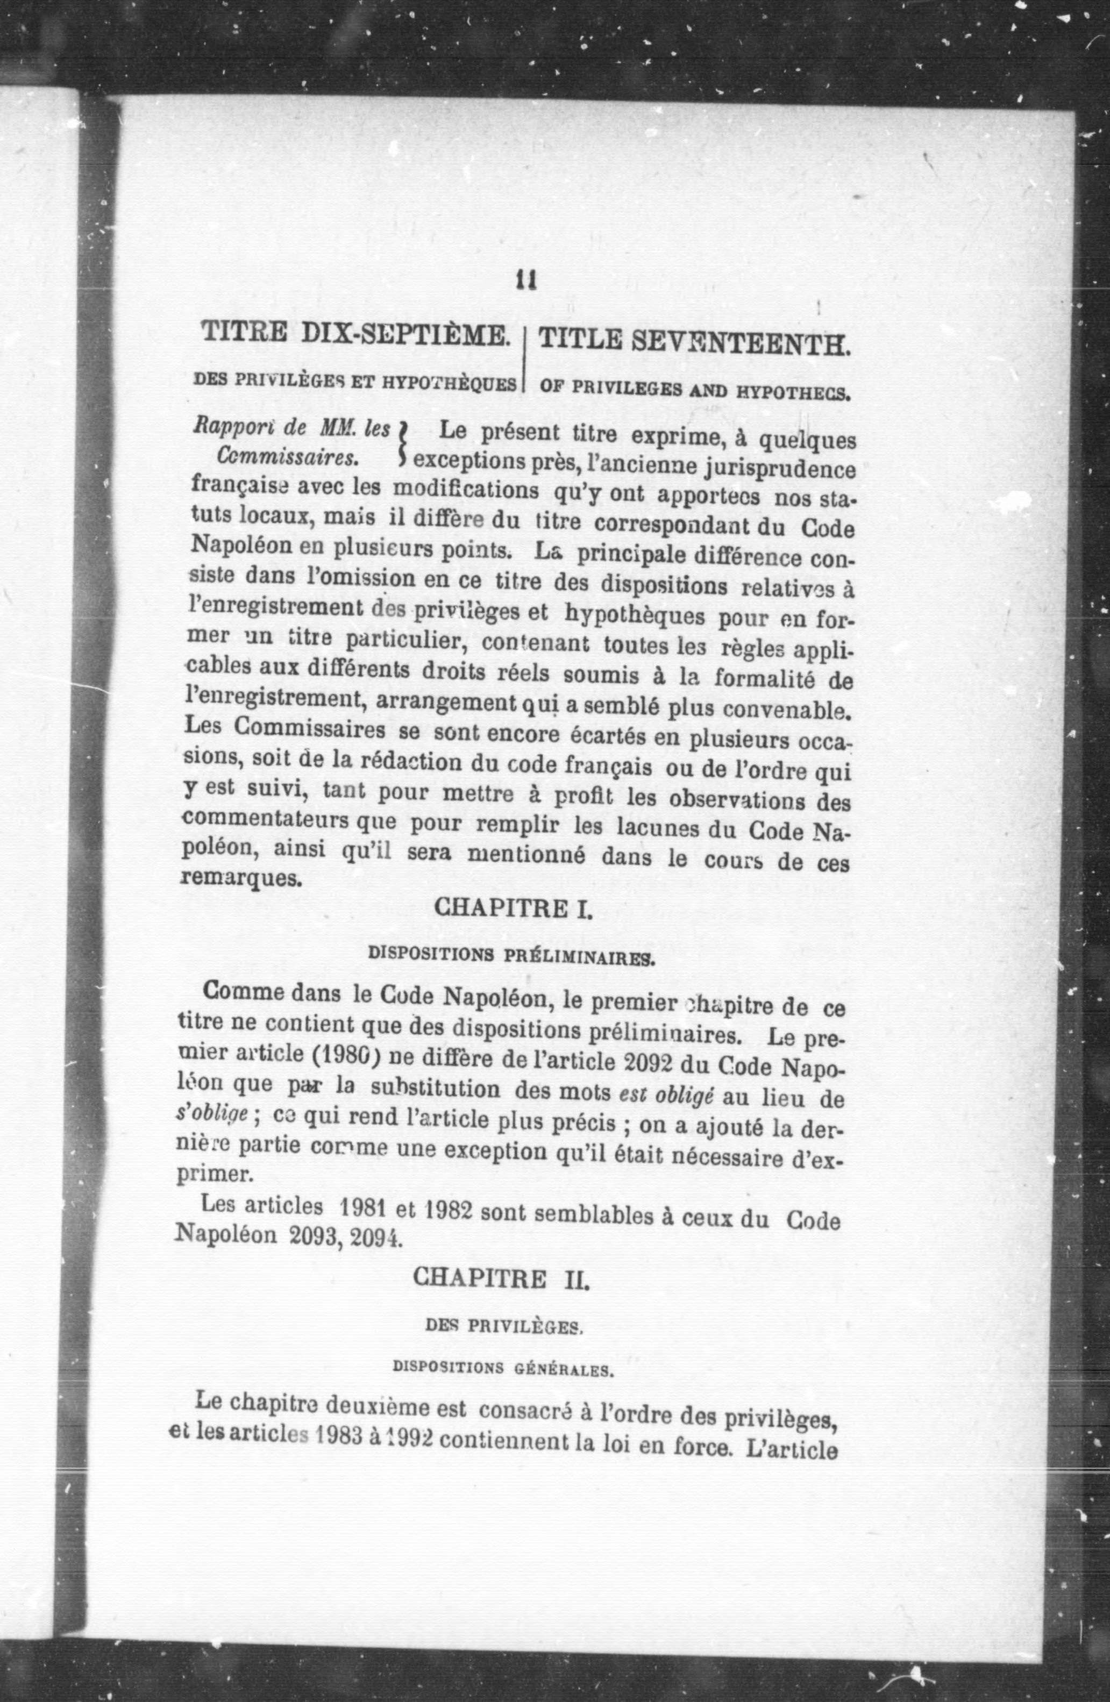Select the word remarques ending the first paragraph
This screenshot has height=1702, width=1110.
[238, 878]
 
